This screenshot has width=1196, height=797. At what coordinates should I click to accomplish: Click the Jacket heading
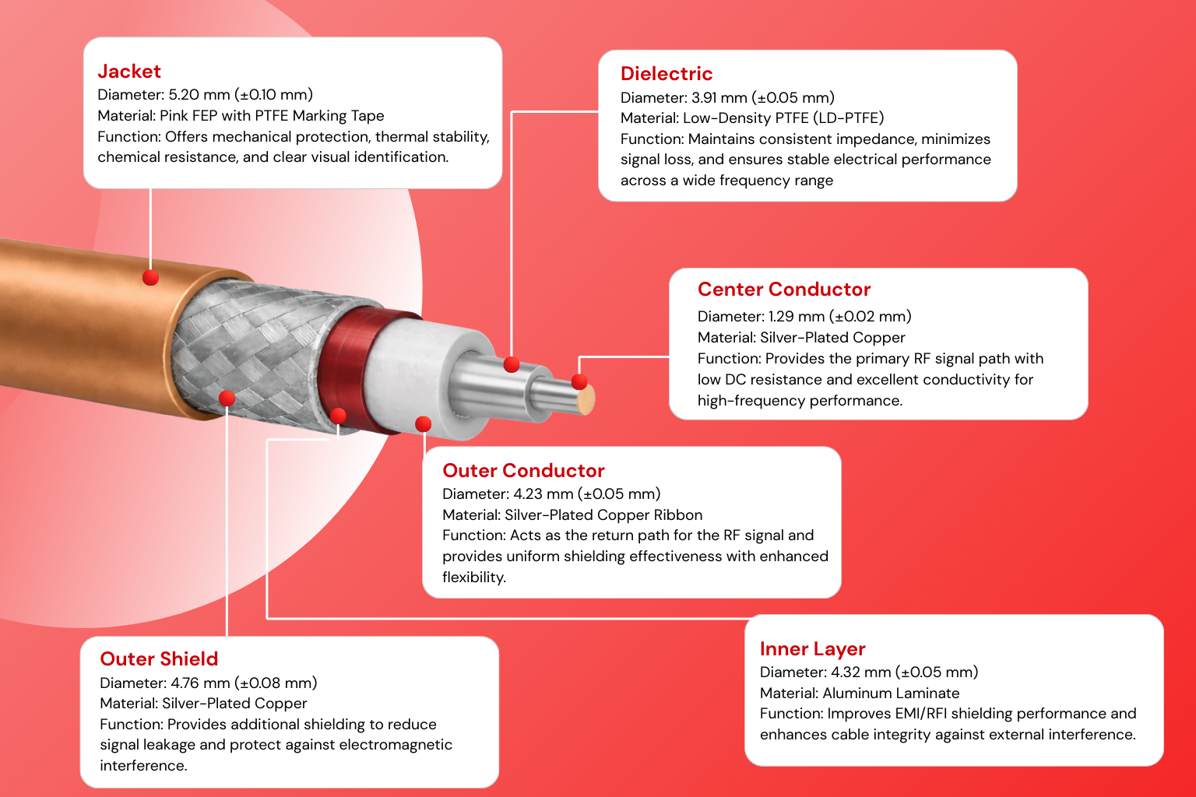[x=129, y=72]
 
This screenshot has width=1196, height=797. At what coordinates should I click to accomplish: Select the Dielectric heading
[x=667, y=74]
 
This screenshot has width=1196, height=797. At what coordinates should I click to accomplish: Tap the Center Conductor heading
[x=784, y=290]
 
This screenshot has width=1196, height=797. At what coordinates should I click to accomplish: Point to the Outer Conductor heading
[x=523, y=471]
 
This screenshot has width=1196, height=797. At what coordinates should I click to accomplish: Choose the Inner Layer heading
[x=812, y=649]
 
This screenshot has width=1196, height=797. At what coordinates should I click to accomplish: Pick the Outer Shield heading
[x=159, y=659]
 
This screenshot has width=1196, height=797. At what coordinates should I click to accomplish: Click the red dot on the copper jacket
[x=151, y=277]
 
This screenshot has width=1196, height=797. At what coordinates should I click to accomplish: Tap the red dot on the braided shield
[x=227, y=398]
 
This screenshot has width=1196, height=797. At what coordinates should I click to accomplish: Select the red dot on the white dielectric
[x=424, y=424]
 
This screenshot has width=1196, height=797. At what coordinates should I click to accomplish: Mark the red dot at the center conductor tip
[x=579, y=381]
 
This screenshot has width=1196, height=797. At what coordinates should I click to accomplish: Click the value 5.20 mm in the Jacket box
[x=199, y=95]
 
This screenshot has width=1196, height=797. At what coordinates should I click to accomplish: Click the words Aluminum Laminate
[x=891, y=693]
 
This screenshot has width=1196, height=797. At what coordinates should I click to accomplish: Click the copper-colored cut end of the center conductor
[x=586, y=399]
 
